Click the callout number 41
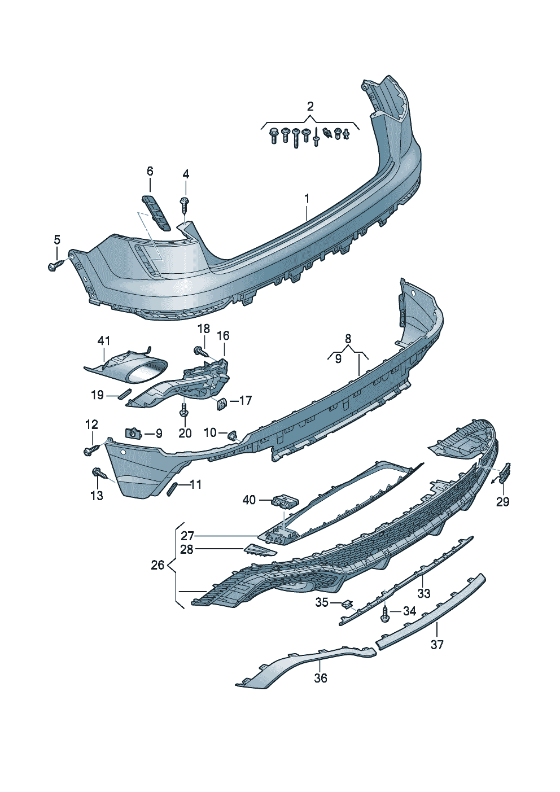tap(103, 341)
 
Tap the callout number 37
tap(437, 644)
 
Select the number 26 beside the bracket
tap(158, 565)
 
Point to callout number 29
tap(502, 501)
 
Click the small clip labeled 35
tap(347, 605)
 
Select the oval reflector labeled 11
tap(172, 488)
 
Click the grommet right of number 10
tap(232, 435)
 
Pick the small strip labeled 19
tap(123, 393)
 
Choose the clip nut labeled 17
tap(222, 402)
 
